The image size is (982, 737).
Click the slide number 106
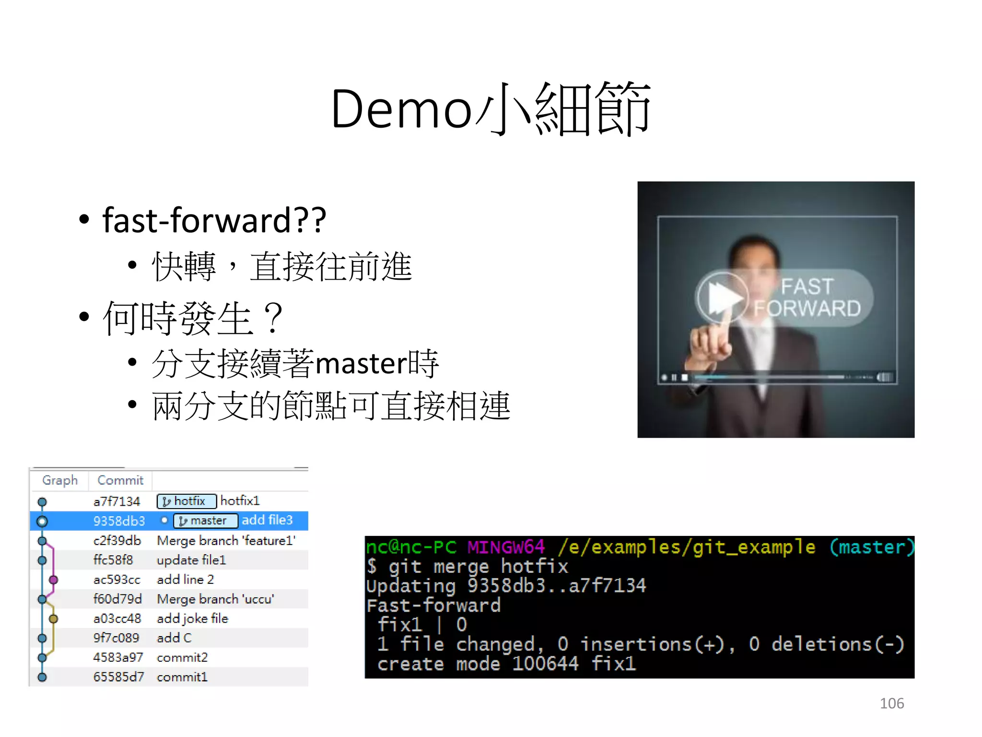[891, 703]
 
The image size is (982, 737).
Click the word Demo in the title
[402, 110]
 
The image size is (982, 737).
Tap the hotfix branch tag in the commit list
[187, 501]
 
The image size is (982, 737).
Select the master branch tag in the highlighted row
[205, 521]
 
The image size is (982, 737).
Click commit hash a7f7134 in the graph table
[117, 502]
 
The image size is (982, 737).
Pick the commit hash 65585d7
[118, 677]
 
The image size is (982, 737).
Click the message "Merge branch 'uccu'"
[215, 599]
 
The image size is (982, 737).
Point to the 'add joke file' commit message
[192, 618]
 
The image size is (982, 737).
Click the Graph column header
[60, 480]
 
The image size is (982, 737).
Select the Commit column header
[120, 480]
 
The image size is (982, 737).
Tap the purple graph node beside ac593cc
[54, 580]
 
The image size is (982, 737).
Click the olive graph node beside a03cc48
[54, 619]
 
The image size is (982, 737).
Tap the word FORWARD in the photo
[807, 309]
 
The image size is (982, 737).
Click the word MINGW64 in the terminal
[506, 547]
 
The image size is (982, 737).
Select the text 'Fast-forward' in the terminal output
[433, 606]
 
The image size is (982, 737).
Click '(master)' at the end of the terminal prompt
[872, 547]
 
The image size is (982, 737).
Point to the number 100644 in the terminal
[545, 664]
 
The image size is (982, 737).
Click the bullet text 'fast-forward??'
[214, 220]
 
